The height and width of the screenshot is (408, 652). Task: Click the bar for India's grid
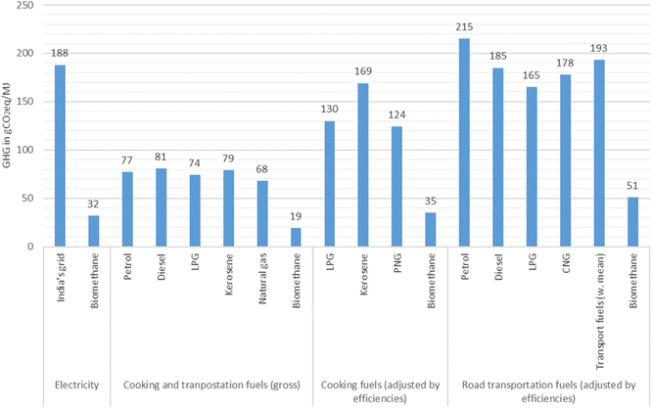[x=60, y=156]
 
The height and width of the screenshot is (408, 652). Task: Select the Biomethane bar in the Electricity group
[x=93, y=231]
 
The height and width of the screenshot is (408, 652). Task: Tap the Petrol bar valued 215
[x=464, y=143]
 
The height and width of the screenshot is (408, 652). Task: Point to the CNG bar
[x=565, y=160]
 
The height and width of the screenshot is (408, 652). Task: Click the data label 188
[x=60, y=56]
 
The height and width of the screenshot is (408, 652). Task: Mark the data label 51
[x=632, y=188]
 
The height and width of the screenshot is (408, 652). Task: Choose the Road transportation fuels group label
[x=548, y=389]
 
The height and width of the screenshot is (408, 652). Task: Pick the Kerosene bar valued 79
[x=228, y=208]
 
